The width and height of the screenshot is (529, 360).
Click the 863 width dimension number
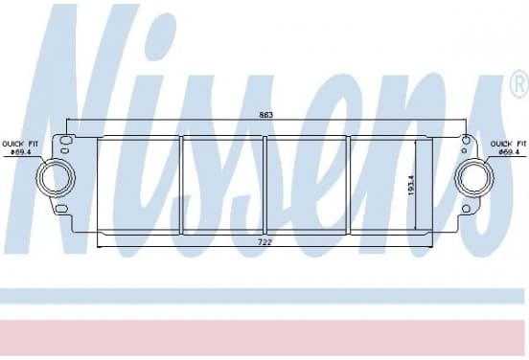point(265,115)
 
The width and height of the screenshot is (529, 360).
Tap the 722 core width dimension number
point(264,242)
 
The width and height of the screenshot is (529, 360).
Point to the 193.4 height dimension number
point(411,186)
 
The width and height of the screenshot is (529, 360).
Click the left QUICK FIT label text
point(20,144)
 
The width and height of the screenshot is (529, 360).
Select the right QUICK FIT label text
point(508,144)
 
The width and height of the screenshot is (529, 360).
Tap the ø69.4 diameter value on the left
point(21,152)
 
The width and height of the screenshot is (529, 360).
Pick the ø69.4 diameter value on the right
point(509,152)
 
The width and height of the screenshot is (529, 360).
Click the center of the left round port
point(56,177)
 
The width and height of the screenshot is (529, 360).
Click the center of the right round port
point(474,178)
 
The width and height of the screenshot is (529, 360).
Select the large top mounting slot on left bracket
point(65,140)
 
